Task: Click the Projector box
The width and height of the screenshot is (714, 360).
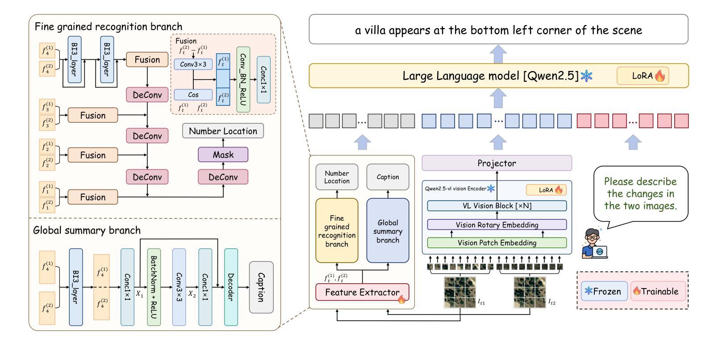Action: (497, 163)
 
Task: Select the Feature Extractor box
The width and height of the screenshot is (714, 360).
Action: (362, 293)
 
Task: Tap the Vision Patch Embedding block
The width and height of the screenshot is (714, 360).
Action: (497, 243)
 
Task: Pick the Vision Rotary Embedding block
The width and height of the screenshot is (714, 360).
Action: (497, 225)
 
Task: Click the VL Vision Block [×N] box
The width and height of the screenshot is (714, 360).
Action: (497, 206)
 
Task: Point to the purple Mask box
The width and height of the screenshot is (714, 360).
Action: (223, 155)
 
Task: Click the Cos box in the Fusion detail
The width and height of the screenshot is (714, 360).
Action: (193, 95)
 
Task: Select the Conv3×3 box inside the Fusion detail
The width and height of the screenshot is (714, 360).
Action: (193, 64)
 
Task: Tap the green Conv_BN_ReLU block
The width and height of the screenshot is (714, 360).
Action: (243, 79)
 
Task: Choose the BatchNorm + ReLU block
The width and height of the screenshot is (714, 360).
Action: (154, 287)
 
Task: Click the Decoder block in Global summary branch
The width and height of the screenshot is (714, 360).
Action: (231, 287)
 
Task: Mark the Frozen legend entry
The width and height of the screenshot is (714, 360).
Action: (603, 291)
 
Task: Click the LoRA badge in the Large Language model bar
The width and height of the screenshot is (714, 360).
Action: (643, 76)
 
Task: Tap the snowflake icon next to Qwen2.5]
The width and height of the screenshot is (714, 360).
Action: (586, 76)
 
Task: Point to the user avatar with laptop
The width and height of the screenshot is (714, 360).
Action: (594, 243)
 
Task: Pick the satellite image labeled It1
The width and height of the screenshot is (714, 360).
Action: (460, 292)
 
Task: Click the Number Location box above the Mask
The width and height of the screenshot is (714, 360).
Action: (223, 131)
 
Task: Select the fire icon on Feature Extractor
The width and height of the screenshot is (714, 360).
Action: (401, 299)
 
